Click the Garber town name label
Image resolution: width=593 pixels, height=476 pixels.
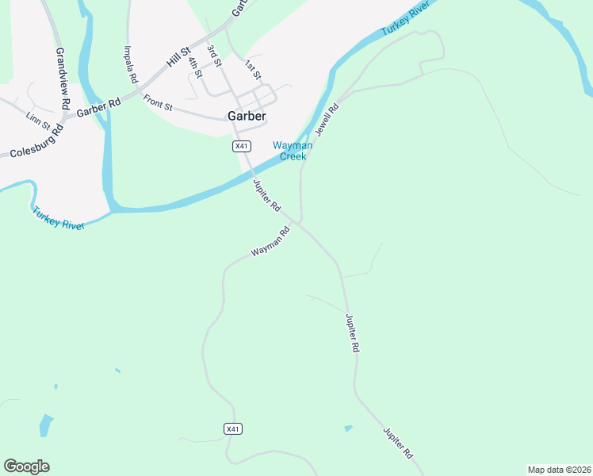[247, 116]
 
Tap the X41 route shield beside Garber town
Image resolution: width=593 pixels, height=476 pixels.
[242, 146]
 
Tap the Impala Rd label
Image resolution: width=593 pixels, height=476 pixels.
[131, 64]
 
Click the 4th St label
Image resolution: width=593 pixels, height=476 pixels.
[196, 67]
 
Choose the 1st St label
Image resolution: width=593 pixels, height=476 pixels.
[253, 70]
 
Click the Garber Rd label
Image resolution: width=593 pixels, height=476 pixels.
[98, 107]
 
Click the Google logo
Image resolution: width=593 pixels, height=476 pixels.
[26, 466]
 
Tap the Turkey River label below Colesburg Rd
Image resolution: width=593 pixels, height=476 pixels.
[58, 219]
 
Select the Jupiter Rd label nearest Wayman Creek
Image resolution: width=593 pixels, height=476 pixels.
[266, 195]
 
